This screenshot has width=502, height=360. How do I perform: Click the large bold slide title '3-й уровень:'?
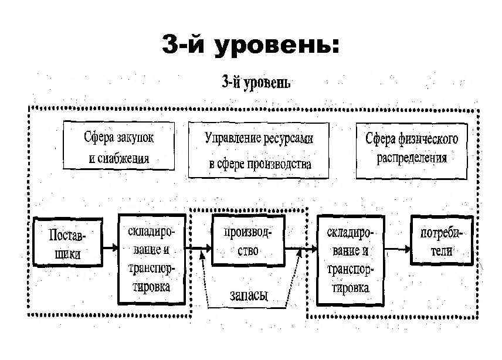point(251,45)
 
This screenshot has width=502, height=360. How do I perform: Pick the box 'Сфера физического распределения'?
point(412,150)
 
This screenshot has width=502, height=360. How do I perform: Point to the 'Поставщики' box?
point(67,242)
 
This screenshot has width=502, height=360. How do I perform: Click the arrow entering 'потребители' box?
point(396,249)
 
